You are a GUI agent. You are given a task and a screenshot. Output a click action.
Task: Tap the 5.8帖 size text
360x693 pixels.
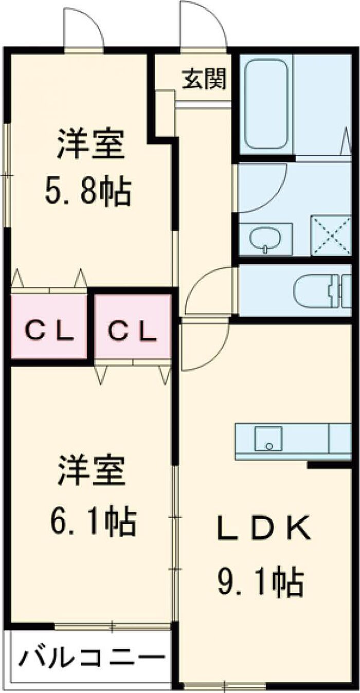click(x=87, y=192)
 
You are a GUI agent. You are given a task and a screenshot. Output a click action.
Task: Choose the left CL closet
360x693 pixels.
click(x=49, y=326)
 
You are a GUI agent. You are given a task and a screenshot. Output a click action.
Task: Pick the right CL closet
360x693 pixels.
click(x=133, y=326)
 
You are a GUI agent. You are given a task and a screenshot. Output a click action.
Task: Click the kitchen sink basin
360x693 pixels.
click(x=268, y=440)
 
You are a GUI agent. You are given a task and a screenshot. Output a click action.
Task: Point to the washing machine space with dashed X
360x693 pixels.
click(x=331, y=235)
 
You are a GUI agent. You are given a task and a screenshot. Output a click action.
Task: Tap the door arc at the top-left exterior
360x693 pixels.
click(x=93, y=19)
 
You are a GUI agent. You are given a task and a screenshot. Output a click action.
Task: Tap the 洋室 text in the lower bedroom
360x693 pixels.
click(x=92, y=470)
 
